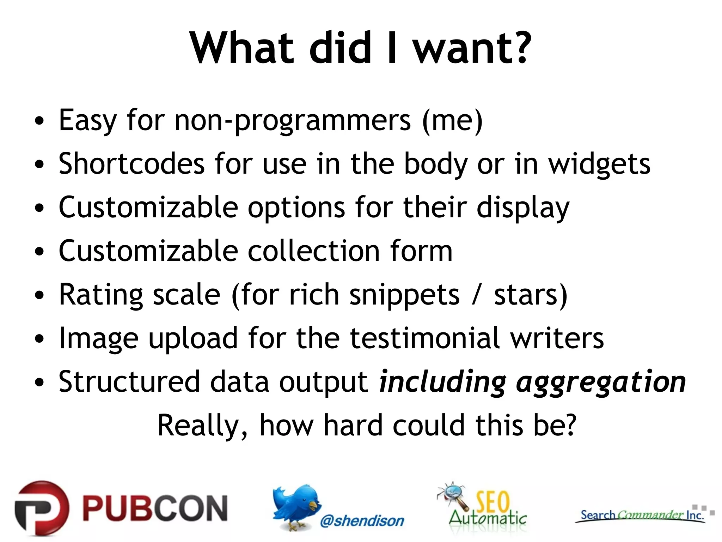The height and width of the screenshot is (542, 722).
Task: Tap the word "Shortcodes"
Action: (131, 164)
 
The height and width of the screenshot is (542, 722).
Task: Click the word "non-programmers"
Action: (293, 121)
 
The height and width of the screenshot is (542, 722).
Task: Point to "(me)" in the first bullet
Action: (453, 121)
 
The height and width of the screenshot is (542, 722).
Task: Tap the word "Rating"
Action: (100, 295)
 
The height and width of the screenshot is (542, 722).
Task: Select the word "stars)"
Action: (531, 295)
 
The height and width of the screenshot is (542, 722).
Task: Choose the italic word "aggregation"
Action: (601, 382)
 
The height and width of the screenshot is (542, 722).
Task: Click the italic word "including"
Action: (442, 382)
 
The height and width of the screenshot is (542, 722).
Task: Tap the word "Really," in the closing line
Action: (202, 426)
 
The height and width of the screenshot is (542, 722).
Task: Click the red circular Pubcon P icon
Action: (42, 508)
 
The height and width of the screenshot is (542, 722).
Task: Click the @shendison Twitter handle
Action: (362, 521)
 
